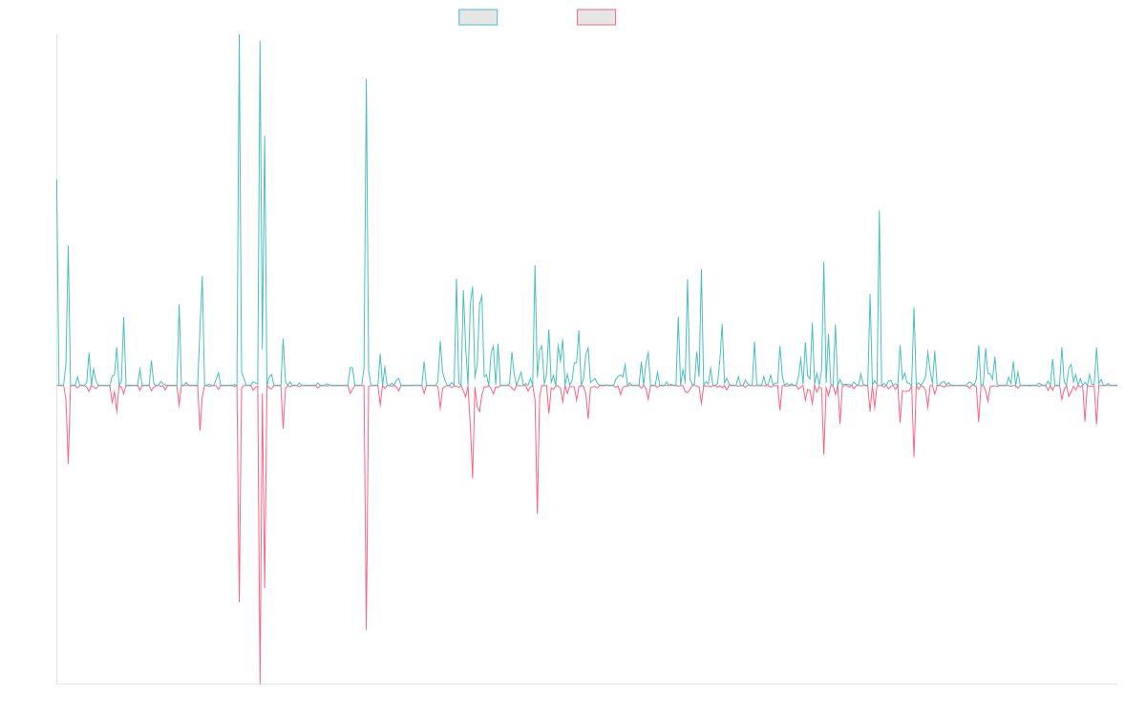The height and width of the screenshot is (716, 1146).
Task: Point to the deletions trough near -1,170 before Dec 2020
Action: [537, 514]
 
